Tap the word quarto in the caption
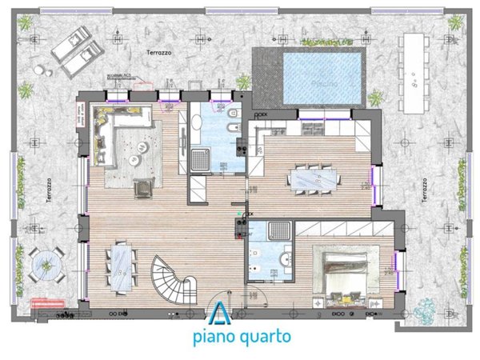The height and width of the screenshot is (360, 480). (x=265, y=336)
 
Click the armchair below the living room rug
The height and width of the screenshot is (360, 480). (x=142, y=187)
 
